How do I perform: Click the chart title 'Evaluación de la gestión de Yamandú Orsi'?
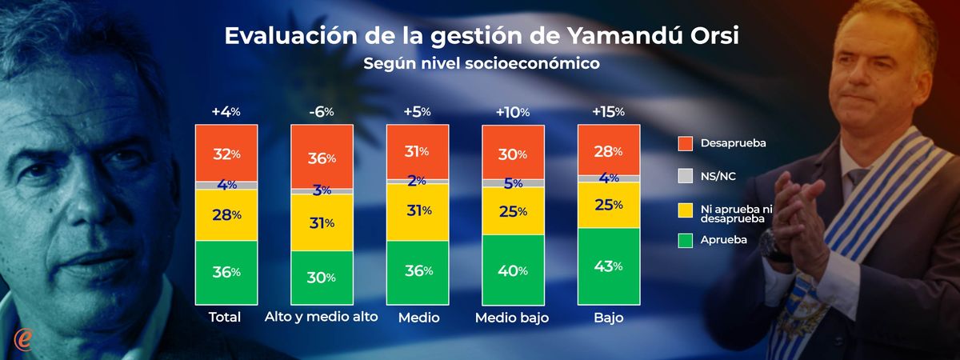click(487, 37)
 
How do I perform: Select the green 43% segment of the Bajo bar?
click(608, 266)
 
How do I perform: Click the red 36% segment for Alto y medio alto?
click(322, 158)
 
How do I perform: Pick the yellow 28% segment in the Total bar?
click(226, 214)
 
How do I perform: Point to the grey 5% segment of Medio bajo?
click(513, 183)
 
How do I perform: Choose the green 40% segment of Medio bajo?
click(513, 270)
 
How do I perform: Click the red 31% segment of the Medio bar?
click(417, 151)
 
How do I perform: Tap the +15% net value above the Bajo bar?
click(608, 112)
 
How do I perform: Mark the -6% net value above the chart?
click(322, 112)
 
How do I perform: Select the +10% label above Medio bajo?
click(513, 112)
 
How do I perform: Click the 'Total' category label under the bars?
click(225, 318)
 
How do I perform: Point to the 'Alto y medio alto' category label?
click(321, 318)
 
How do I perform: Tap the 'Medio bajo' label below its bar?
click(513, 318)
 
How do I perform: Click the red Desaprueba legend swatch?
click(685, 143)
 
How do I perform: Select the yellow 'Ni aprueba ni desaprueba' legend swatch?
click(685, 211)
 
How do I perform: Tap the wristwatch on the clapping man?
click(773, 243)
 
